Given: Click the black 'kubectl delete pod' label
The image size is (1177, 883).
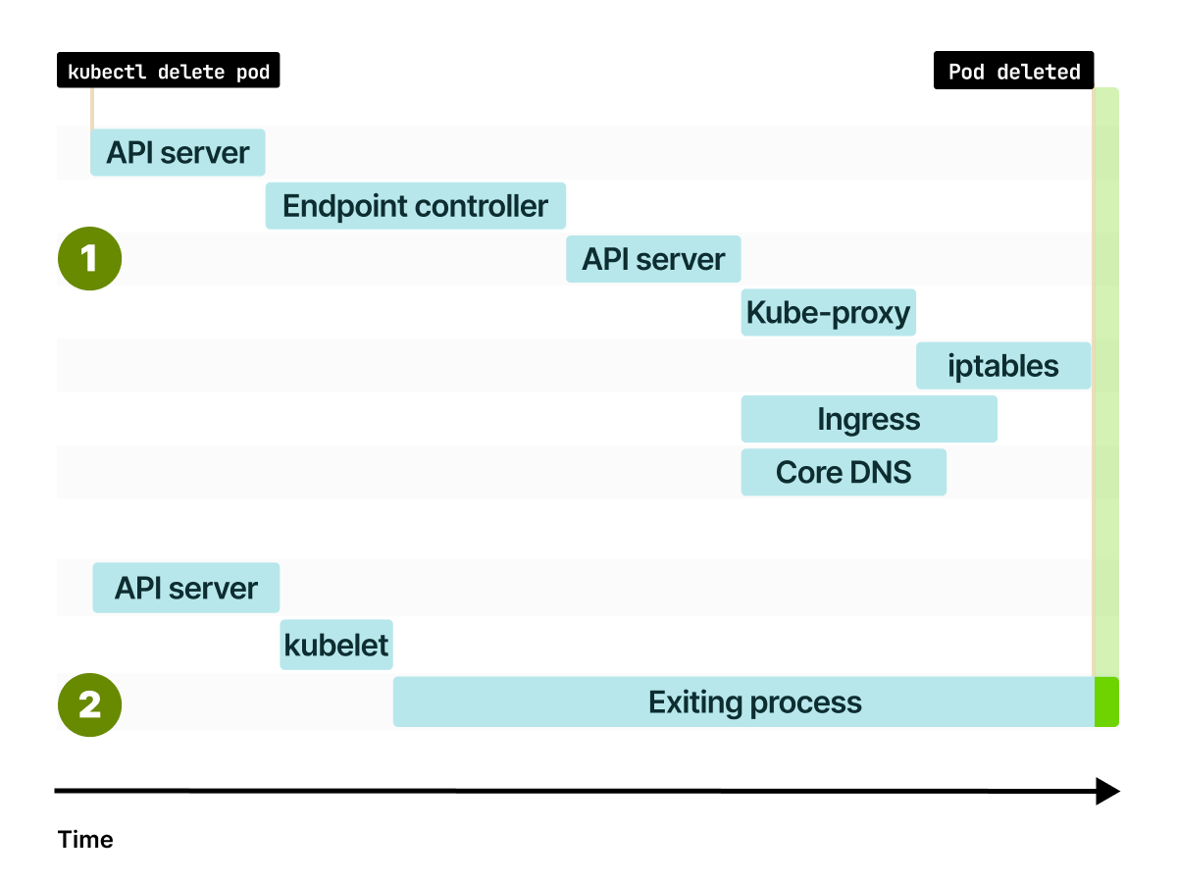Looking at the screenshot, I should pyautogui.click(x=168, y=72).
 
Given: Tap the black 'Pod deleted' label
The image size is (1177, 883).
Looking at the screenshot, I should pyautogui.click(x=1013, y=72).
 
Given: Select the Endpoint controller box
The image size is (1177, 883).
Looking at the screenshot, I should pyautogui.click(x=415, y=206).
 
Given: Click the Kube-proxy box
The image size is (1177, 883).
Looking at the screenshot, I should pyautogui.click(x=828, y=313).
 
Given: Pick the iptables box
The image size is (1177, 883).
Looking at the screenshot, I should pyautogui.click(x=1002, y=366).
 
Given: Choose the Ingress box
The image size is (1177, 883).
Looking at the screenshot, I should pyautogui.click(x=868, y=420).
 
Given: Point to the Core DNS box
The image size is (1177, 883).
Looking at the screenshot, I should pyautogui.click(x=844, y=473).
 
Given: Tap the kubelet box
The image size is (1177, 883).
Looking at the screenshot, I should pyautogui.click(x=335, y=646).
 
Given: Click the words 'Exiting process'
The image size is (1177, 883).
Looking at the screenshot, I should pyautogui.click(x=754, y=702).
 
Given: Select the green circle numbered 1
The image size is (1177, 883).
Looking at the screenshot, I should pyautogui.click(x=89, y=260).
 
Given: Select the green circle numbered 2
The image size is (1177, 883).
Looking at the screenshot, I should pyautogui.click(x=89, y=704).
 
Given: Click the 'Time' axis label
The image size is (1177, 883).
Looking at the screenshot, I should pyautogui.click(x=85, y=840).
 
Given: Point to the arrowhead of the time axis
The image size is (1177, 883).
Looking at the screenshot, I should pyautogui.click(x=1107, y=791).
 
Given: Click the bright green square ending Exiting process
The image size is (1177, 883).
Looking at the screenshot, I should pyautogui.click(x=1106, y=702).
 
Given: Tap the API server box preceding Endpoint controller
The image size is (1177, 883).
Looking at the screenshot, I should pyautogui.click(x=178, y=153).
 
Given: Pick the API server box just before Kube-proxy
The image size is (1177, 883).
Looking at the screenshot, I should pyautogui.click(x=653, y=260).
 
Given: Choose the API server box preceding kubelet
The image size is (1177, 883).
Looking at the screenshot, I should pyautogui.click(x=185, y=589).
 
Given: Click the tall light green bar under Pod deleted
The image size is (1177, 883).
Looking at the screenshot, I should pyautogui.click(x=1106, y=373).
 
